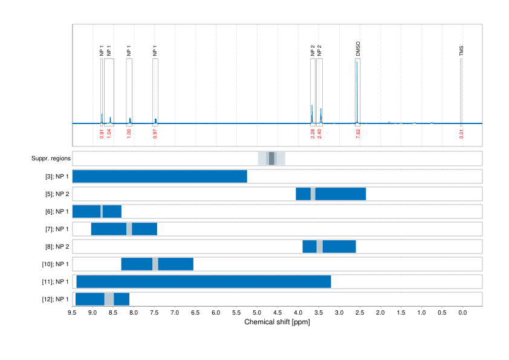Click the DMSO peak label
point(358,50)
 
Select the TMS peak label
point(461,50)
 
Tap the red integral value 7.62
point(358,134)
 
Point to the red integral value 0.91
point(102,134)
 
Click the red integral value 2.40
point(319,134)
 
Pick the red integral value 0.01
point(461,134)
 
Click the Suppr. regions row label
point(51,159)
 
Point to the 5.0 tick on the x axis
point(256,313)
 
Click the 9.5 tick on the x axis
point(72,313)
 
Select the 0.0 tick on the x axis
point(462,313)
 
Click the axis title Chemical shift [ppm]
point(277,322)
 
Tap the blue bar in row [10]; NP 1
point(175,264)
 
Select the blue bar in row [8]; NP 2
point(339,247)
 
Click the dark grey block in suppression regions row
point(271,159)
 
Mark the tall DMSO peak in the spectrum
point(357,91)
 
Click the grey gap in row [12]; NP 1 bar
point(109,299)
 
